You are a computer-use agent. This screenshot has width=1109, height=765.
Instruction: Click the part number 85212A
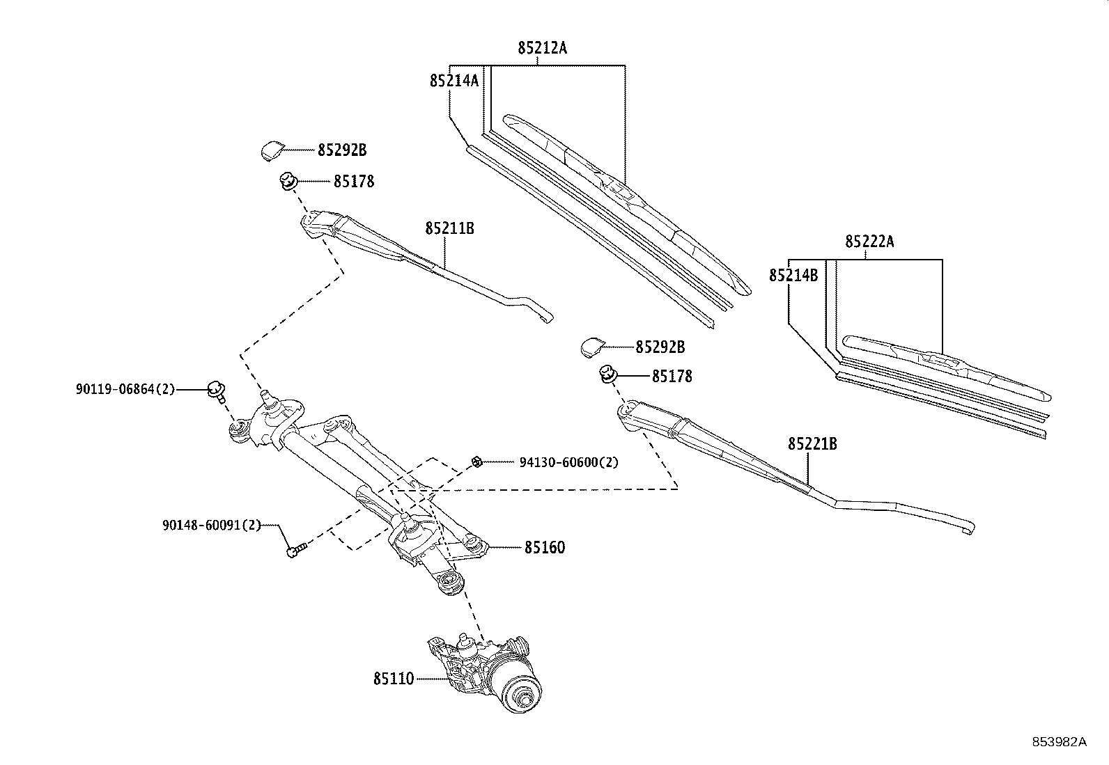pos(542,48)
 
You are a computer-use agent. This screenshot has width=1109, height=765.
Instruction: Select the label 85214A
pos(453,81)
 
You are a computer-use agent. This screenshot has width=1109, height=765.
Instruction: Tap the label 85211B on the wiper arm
pos(449,228)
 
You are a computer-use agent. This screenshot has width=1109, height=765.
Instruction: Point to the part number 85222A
pos(869,242)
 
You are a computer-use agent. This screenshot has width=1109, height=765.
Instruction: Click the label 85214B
pos(793,276)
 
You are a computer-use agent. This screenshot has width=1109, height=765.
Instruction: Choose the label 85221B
pos(812,443)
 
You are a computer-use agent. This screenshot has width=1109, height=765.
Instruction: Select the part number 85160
pos(544,548)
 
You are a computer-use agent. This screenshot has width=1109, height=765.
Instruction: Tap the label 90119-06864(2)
pos(125,390)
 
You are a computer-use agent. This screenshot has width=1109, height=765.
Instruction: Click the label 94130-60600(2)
pos(568,462)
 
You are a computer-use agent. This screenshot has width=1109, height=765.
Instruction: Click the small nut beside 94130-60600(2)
pos(477,462)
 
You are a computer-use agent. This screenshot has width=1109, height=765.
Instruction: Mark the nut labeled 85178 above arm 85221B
pos(607,374)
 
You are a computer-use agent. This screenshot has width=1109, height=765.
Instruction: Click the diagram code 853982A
pos(1059,741)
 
